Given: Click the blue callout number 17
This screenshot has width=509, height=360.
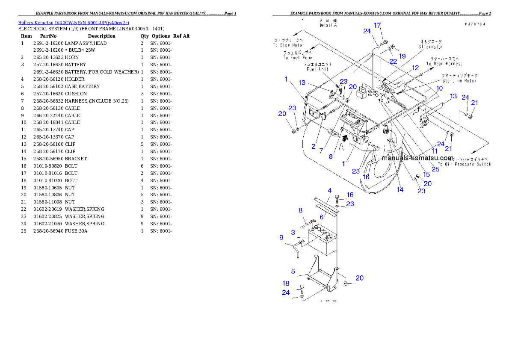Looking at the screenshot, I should point(377,26).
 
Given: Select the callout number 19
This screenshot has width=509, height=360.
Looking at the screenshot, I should point(402,56).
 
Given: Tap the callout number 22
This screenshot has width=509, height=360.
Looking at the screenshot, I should point(393,62).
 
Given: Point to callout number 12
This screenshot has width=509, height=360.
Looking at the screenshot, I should point(415,68).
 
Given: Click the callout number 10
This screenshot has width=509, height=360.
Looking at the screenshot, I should point(439,88).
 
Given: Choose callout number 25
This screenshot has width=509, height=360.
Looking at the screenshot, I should point(435,169).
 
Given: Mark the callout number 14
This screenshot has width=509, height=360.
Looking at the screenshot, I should point(400,189).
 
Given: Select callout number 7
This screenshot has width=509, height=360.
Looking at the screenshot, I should point(321,151).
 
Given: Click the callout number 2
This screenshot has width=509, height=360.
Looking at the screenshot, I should point(313,147).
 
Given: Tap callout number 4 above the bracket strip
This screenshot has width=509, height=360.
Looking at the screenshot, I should point(329,190).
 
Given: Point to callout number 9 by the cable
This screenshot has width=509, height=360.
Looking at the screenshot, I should point(281,237).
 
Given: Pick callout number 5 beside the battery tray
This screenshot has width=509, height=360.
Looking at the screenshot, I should point(293,271).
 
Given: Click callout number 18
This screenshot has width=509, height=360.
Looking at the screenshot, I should point(286,283).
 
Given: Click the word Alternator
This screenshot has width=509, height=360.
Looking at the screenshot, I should point(431,47).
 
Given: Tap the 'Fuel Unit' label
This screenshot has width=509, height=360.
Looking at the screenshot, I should point(317,69).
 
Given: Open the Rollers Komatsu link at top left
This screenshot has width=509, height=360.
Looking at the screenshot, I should point(73,22).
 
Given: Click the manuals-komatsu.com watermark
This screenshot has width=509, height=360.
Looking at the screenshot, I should point(417,158).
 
